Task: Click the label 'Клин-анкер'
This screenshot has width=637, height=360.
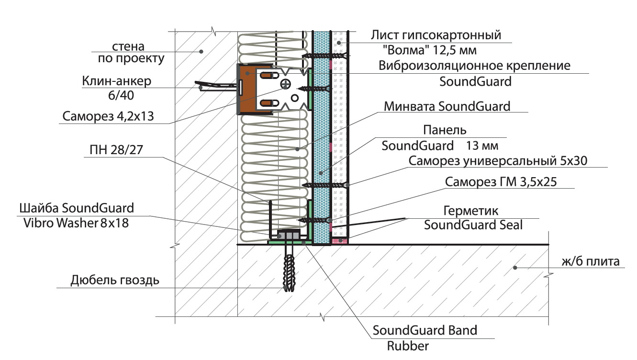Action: [117, 81]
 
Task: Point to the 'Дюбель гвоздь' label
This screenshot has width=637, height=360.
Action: [115, 280]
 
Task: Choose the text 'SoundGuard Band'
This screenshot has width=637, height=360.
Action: [425, 330]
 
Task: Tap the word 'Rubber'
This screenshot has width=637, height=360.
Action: [408, 346]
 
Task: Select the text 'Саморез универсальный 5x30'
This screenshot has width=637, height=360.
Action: [498, 161]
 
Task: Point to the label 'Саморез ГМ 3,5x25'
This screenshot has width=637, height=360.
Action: [500, 182]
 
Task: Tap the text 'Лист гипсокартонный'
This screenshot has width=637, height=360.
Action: [436, 35]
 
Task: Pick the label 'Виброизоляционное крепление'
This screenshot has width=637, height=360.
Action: [474, 66]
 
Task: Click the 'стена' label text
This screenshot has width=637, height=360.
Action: [128, 46]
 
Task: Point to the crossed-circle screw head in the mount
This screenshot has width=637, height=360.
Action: [286, 85]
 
